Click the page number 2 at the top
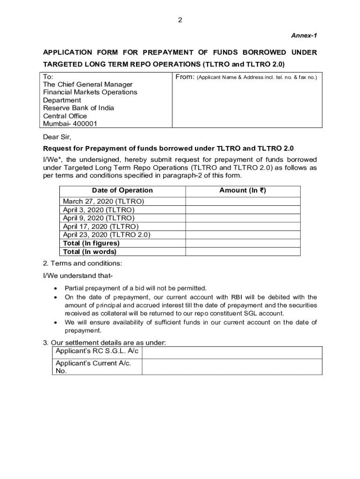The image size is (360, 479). point(180,20)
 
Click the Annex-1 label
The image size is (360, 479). point(304,36)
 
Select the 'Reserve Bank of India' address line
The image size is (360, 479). point(79,108)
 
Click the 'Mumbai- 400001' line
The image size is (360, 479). point(70,124)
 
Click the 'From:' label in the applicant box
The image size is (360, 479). point(185,76)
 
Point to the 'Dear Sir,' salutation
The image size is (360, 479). point(57,137)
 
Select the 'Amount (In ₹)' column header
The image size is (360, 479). point(243,190)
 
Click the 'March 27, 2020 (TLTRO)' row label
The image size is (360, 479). point(103,201)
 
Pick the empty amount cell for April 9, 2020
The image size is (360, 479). point(243,218)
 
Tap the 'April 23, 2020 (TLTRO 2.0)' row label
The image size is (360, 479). point(107,235)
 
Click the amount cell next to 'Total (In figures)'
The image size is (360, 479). point(243,243)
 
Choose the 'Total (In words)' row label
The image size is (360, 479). point(89,252)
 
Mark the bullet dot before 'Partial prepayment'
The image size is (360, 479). point(56,288)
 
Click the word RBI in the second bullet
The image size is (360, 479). point(236,297)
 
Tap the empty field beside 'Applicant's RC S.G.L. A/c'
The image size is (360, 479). point(231,352)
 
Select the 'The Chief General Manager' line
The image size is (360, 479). point(88,84)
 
